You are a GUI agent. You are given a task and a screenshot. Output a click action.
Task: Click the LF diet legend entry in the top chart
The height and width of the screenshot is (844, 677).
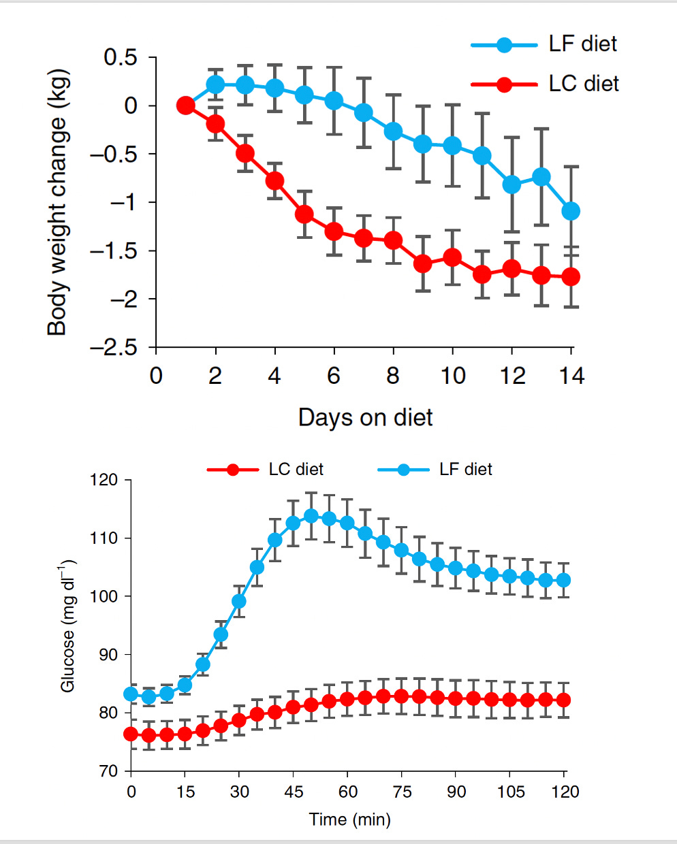pyautogui.click(x=545, y=44)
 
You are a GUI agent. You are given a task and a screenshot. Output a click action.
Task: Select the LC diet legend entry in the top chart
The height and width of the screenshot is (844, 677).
pyautogui.click(x=545, y=84)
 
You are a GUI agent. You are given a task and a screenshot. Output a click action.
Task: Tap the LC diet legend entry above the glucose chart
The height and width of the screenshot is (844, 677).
pyautogui.click(x=266, y=470)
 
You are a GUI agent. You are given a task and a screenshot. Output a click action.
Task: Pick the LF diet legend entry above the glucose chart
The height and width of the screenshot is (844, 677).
pyautogui.click(x=436, y=470)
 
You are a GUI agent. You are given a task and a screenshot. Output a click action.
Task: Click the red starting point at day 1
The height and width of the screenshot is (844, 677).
pyautogui.click(x=185, y=105)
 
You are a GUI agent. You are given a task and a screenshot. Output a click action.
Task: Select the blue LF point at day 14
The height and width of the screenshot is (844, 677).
pyautogui.click(x=571, y=211)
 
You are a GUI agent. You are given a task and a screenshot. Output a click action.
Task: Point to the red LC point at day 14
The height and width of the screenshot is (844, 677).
pyautogui.click(x=571, y=276)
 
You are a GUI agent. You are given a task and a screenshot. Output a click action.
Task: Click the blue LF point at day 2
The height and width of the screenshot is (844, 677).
pyautogui.click(x=215, y=84)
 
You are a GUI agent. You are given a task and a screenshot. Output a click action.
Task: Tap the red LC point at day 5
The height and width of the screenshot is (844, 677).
pyautogui.click(x=304, y=214)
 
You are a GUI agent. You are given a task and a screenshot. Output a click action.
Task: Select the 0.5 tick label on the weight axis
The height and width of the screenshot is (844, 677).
pyautogui.click(x=121, y=58)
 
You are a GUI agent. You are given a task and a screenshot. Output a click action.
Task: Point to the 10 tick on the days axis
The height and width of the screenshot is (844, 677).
pyautogui.click(x=452, y=376)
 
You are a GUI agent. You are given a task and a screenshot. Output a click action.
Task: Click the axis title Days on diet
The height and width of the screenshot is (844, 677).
pyautogui.click(x=365, y=417)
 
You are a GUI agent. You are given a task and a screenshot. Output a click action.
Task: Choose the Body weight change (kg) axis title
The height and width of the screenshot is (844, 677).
pyautogui.click(x=58, y=202)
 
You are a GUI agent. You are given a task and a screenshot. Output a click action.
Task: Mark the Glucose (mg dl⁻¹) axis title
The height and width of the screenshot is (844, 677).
pyautogui.click(x=68, y=627)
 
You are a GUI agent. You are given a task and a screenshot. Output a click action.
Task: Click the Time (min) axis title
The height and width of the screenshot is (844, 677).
pyautogui.click(x=350, y=819)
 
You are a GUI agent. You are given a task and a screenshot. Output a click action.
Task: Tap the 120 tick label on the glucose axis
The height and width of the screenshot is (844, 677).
pyautogui.click(x=104, y=480)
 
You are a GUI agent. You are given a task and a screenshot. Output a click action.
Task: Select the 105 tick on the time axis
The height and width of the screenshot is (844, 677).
pyautogui.click(x=511, y=792)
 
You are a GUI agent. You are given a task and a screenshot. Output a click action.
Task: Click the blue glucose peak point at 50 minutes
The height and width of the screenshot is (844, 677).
pyautogui.click(x=311, y=516)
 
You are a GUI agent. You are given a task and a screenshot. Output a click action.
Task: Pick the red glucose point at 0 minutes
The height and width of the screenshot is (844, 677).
pyautogui.click(x=131, y=734)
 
